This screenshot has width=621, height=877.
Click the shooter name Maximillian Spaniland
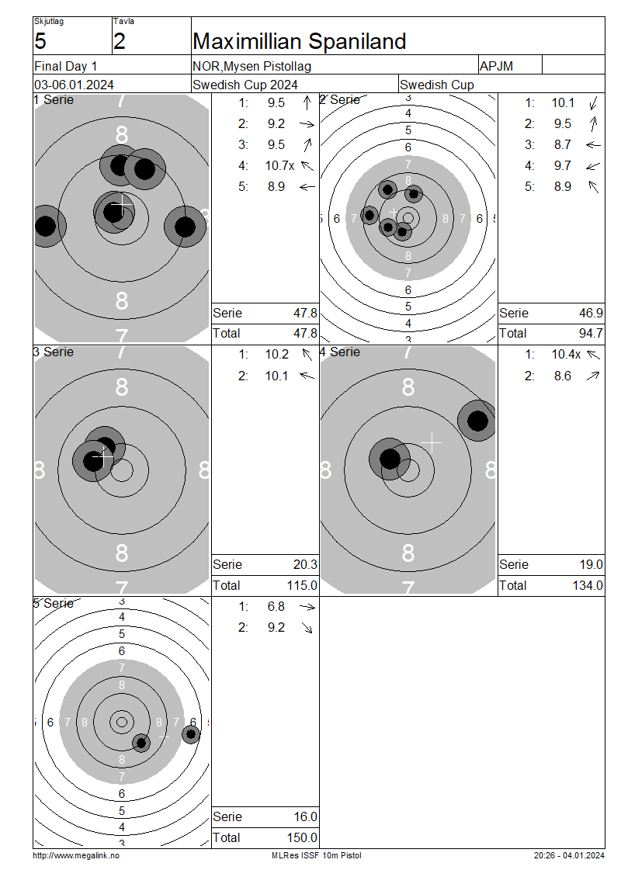300,41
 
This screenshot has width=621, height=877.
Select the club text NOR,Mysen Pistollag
252,66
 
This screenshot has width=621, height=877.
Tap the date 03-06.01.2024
74,85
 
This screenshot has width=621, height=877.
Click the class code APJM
496,66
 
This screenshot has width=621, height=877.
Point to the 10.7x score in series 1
279,165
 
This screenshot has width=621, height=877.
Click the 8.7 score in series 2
563,145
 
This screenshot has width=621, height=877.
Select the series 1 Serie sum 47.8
306,313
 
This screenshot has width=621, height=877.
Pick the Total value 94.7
591,334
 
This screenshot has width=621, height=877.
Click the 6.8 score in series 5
276,606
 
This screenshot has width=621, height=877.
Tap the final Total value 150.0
302,838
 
